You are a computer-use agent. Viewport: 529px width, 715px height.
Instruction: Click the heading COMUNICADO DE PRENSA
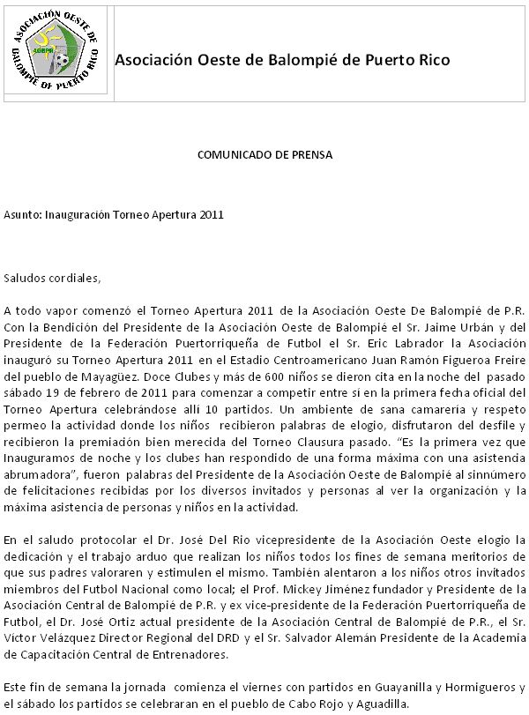click(x=264, y=154)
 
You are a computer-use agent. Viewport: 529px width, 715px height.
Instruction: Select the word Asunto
click(x=21, y=214)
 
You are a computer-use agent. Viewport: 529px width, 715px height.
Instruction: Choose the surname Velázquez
click(x=63, y=637)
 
